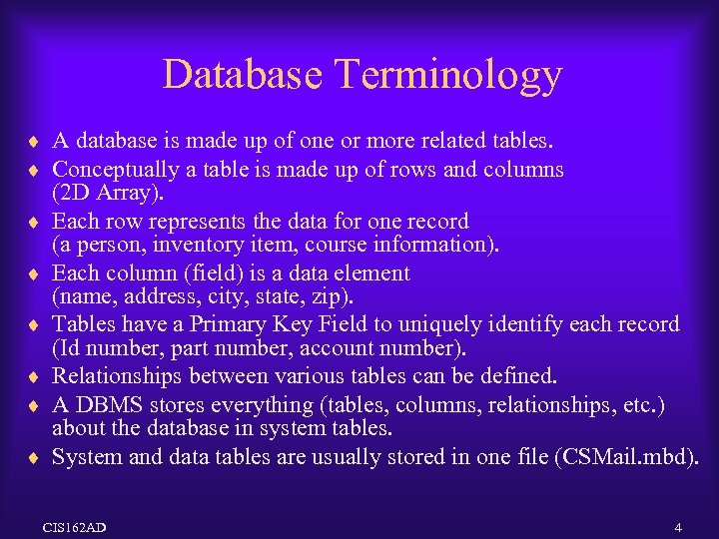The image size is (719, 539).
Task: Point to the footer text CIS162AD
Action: point(75,526)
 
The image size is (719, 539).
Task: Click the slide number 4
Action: point(678,526)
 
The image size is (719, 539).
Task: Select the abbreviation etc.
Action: point(642,405)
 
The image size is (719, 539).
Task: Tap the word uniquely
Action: point(447,324)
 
